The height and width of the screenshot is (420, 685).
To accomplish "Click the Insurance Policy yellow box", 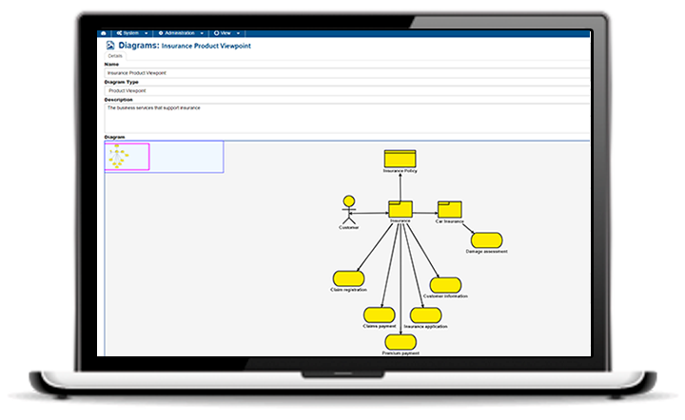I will click(x=401, y=159).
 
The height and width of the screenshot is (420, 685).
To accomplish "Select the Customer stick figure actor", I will click(x=349, y=211).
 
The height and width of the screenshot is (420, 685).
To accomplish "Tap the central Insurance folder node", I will click(x=401, y=209).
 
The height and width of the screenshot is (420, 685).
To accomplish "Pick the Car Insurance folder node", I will click(x=449, y=209).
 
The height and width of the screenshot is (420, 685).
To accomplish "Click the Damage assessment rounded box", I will click(x=486, y=240).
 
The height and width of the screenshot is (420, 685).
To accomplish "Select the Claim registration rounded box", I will click(x=349, y=277).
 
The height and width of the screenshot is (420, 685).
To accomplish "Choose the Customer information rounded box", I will click(x=445, y=285).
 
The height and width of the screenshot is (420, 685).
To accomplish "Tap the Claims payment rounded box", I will click(x=379, y=315).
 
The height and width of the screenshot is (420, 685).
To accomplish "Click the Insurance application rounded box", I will click(x=425, y=315).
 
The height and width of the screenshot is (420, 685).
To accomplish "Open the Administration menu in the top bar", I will click(x=180, y=33).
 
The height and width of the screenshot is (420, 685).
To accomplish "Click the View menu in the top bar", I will click(x=225, y=33).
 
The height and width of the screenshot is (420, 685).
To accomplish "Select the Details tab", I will click(x=115, y=56).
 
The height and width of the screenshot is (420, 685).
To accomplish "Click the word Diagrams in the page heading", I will click(x=138, y=45).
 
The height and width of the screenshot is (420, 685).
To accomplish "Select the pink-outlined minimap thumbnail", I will click(x=127, y=156).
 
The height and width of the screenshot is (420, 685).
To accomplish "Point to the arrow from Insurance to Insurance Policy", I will click(x=401, y=186).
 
